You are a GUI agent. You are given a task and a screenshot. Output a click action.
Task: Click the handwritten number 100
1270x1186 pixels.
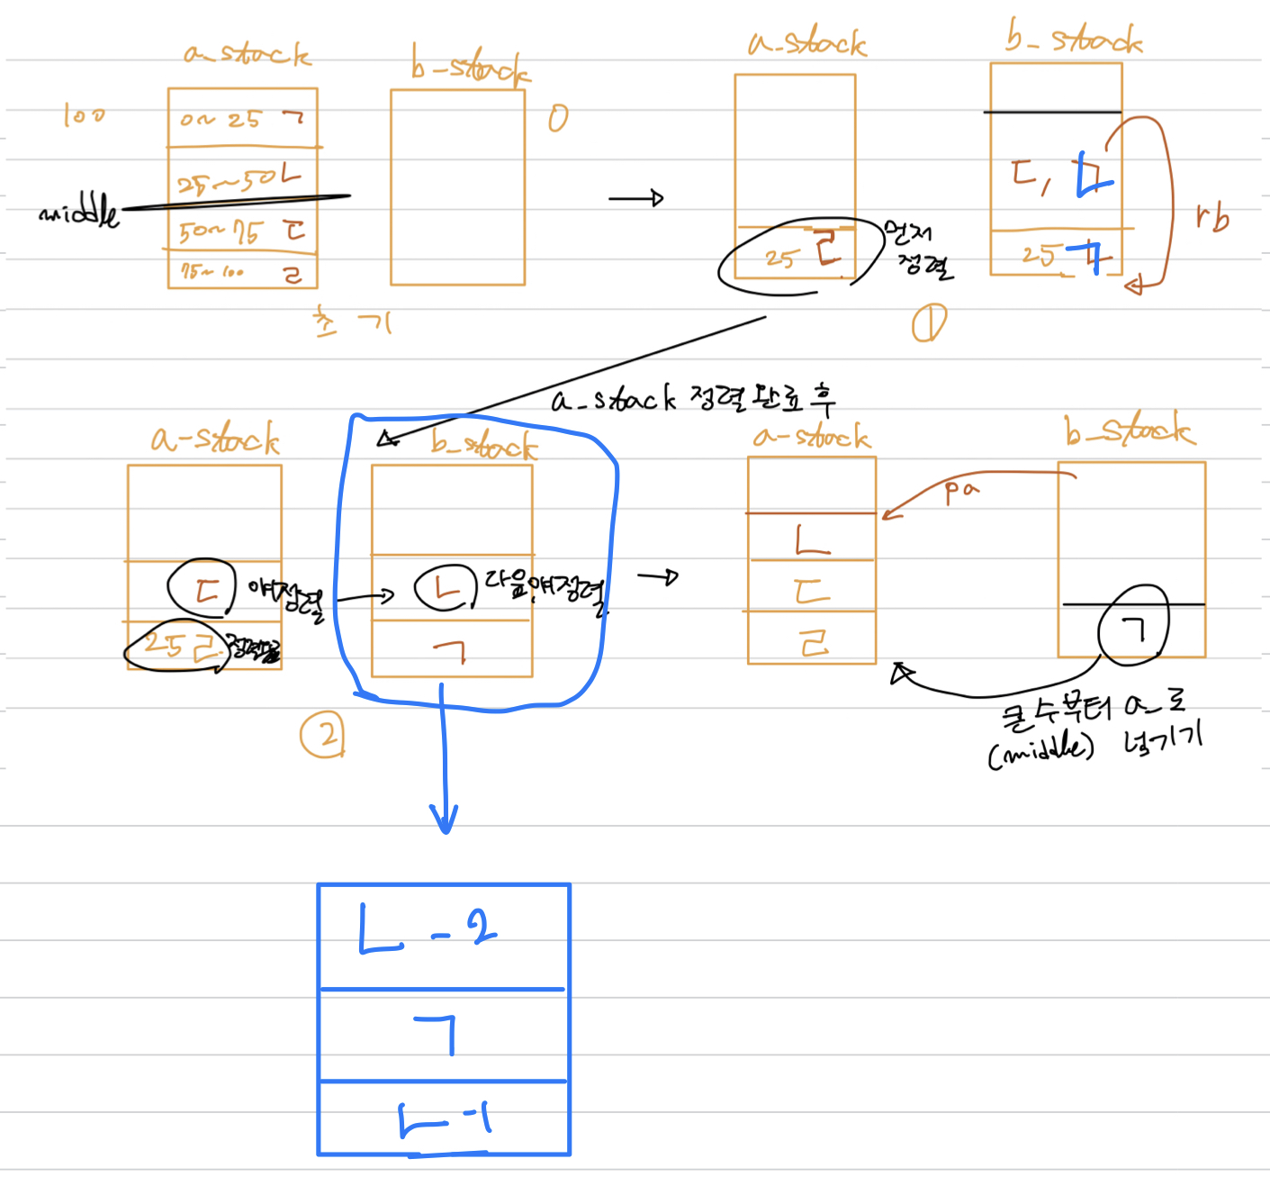(x=84, y=115)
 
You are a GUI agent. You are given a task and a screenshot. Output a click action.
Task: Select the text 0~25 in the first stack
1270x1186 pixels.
(x=221, y=120)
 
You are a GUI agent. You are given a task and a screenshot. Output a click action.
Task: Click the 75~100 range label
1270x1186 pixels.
(x=212, y=271)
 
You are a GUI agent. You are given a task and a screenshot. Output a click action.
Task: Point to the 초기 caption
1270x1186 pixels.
(x=352, y=321)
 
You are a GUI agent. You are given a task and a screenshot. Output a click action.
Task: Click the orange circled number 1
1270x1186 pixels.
(x=929, y=323)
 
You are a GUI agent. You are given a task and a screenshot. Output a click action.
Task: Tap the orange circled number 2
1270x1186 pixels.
(x=322, y=735)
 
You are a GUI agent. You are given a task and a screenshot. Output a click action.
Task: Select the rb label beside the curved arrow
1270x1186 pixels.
(x=1212, y=218)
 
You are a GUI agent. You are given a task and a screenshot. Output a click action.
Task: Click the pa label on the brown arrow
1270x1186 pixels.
(x=960, y=491)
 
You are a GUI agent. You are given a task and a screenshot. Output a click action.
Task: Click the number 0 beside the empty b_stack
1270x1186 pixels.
(x=558, y=118)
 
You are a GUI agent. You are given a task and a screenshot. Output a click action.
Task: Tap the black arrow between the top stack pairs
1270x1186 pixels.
(x=635, y=198)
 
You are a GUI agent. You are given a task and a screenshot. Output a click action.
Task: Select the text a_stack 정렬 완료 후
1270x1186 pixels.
(x=693, y=398)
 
